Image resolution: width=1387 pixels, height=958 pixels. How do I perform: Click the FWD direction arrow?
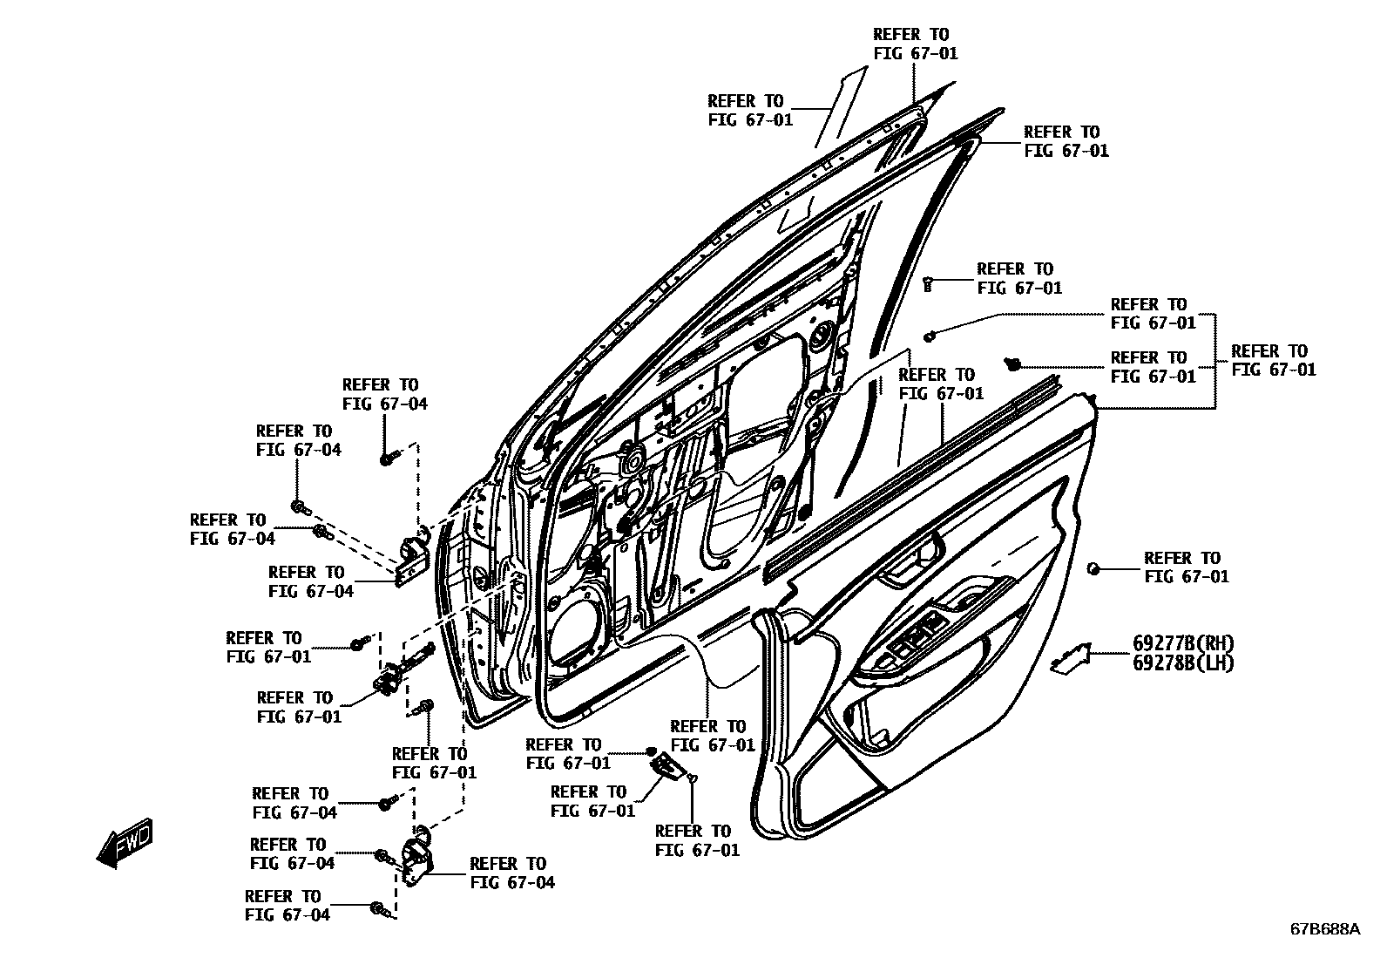coord(125,842)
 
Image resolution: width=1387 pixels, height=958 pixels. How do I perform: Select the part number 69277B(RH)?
coord(1183,643)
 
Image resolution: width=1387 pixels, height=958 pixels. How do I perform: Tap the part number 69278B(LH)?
coord(1183,662)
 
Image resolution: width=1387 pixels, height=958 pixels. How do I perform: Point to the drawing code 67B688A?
coord(1324,929)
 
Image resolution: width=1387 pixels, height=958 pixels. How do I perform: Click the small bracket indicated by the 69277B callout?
coord(1071,658)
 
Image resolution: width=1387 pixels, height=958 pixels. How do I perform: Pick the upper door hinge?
coord(410,556)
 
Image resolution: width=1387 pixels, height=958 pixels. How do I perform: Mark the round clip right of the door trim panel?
coord(1093,568)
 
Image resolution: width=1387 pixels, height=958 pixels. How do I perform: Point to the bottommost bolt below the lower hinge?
coord(377,908)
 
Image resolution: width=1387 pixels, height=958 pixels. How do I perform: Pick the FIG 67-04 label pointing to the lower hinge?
coord(511,873)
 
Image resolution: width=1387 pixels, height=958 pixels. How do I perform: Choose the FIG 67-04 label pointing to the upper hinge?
coord(311,581)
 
